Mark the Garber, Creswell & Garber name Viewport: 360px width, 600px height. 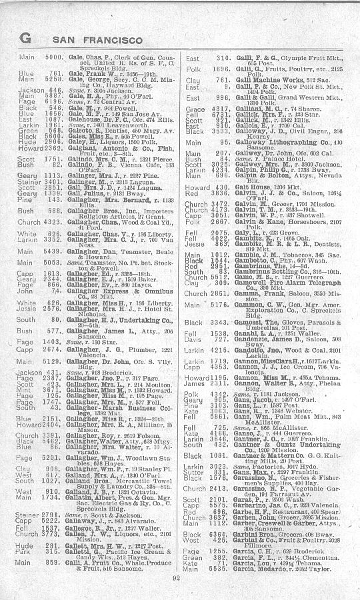267,505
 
